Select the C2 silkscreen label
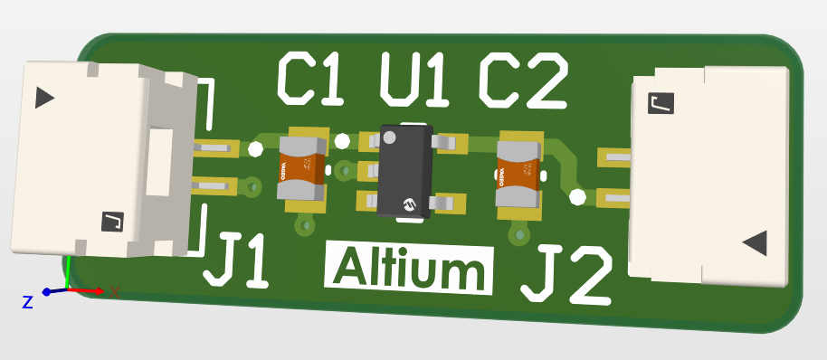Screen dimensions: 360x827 point(522,80)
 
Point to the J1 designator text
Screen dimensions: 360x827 point(237,260)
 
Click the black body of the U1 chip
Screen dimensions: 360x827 point(404,170)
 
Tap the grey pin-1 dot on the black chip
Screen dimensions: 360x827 point(390,137)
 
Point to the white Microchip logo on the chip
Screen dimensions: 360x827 point(409,204)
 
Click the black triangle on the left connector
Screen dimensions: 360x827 point(43,98)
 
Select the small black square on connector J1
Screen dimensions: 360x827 point(112,220)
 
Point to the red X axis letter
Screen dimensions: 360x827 point(115,291)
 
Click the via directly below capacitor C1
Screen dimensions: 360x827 point(305,227)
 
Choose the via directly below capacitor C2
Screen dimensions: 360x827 point(519,236)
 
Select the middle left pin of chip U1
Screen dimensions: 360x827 point(369,170)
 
